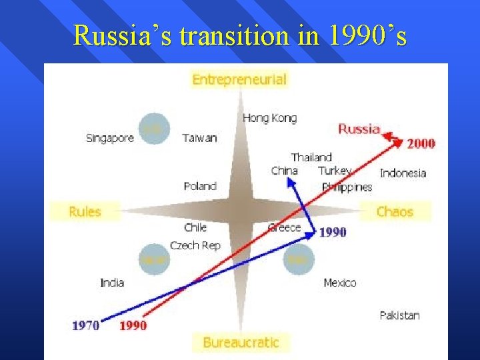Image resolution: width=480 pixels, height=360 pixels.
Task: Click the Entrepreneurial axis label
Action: pos(239,80)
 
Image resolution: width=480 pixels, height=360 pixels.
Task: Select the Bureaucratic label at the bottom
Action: pos(241,343)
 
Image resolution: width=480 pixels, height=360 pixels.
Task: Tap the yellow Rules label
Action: pos(85,212)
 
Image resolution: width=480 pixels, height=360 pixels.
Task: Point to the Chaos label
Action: pos(395,212)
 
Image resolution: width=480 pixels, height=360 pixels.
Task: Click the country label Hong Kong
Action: pos(270,118)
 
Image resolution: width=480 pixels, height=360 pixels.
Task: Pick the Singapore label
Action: pos(110,139)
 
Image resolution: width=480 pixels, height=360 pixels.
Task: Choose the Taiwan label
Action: pos(199,139)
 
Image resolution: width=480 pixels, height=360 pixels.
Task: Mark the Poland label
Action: pos(200,186)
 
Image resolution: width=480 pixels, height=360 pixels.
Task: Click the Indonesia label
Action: pos(403,173)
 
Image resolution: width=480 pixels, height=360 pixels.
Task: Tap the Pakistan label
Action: pos(400,315)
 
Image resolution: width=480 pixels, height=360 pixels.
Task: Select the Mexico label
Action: pos(340,283)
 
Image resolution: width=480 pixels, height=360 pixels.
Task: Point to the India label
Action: pos(112,283)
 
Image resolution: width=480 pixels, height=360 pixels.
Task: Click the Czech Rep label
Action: pos(195,245)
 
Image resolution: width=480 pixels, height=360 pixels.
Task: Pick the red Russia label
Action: pos(359,129)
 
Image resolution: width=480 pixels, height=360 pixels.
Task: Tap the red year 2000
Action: pos(421,143)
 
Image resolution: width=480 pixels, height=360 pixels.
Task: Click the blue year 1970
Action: pos(86,325)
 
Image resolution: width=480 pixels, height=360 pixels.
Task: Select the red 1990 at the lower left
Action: pos(133,325)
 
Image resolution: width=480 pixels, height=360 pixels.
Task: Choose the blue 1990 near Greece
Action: pos(333,232)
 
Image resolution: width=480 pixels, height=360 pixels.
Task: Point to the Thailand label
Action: pos(311,157)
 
